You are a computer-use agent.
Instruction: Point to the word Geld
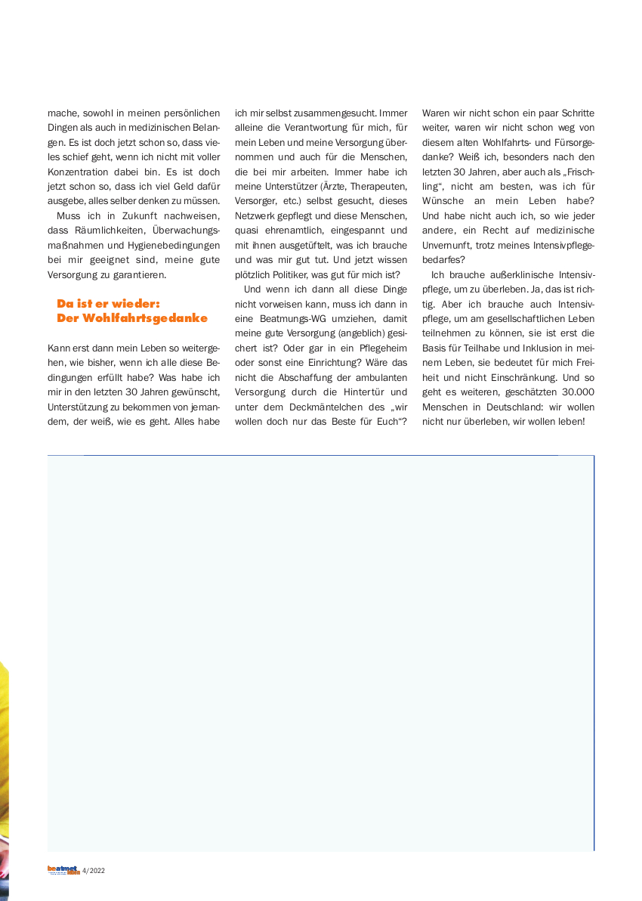coord(177,186)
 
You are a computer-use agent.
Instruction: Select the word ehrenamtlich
coord(295,230)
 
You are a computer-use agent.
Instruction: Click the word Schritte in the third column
coord(577,113)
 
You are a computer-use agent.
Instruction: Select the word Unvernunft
coord(445,244)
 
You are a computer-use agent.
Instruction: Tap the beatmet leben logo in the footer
coord(63,870)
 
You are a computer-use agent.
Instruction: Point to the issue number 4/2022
coord(94,871)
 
